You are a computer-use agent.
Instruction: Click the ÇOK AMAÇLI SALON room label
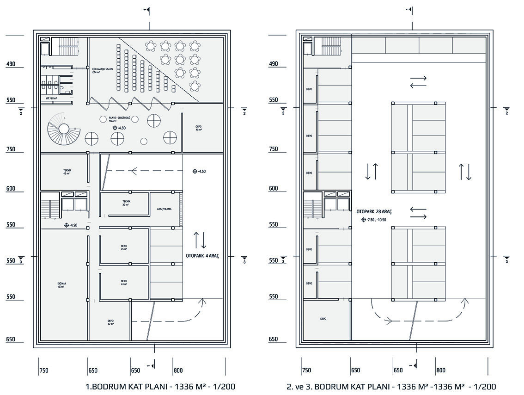[103, 70]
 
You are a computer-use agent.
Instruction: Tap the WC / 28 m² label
[49, 98]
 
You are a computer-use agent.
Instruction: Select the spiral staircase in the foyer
[64, 129]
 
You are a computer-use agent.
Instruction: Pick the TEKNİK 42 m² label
[67, 172]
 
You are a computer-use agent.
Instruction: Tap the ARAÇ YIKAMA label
[164, 209]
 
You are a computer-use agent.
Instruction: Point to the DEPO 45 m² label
[124, 247]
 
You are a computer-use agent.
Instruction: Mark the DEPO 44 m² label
[124, 283]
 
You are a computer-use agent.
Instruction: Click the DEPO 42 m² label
[111, 322]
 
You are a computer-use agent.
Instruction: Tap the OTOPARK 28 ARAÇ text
[374, 211]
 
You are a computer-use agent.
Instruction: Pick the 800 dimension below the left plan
[178, 370]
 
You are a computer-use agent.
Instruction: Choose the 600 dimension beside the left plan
[11, 189]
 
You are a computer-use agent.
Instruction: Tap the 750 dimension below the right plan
[306, 370]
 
